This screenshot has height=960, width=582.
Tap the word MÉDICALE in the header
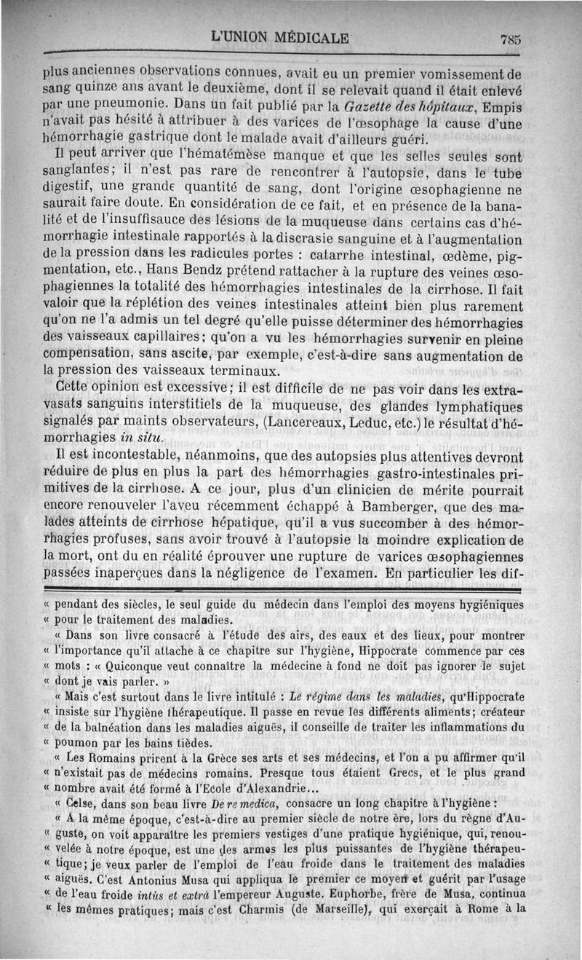click(314, 37)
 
